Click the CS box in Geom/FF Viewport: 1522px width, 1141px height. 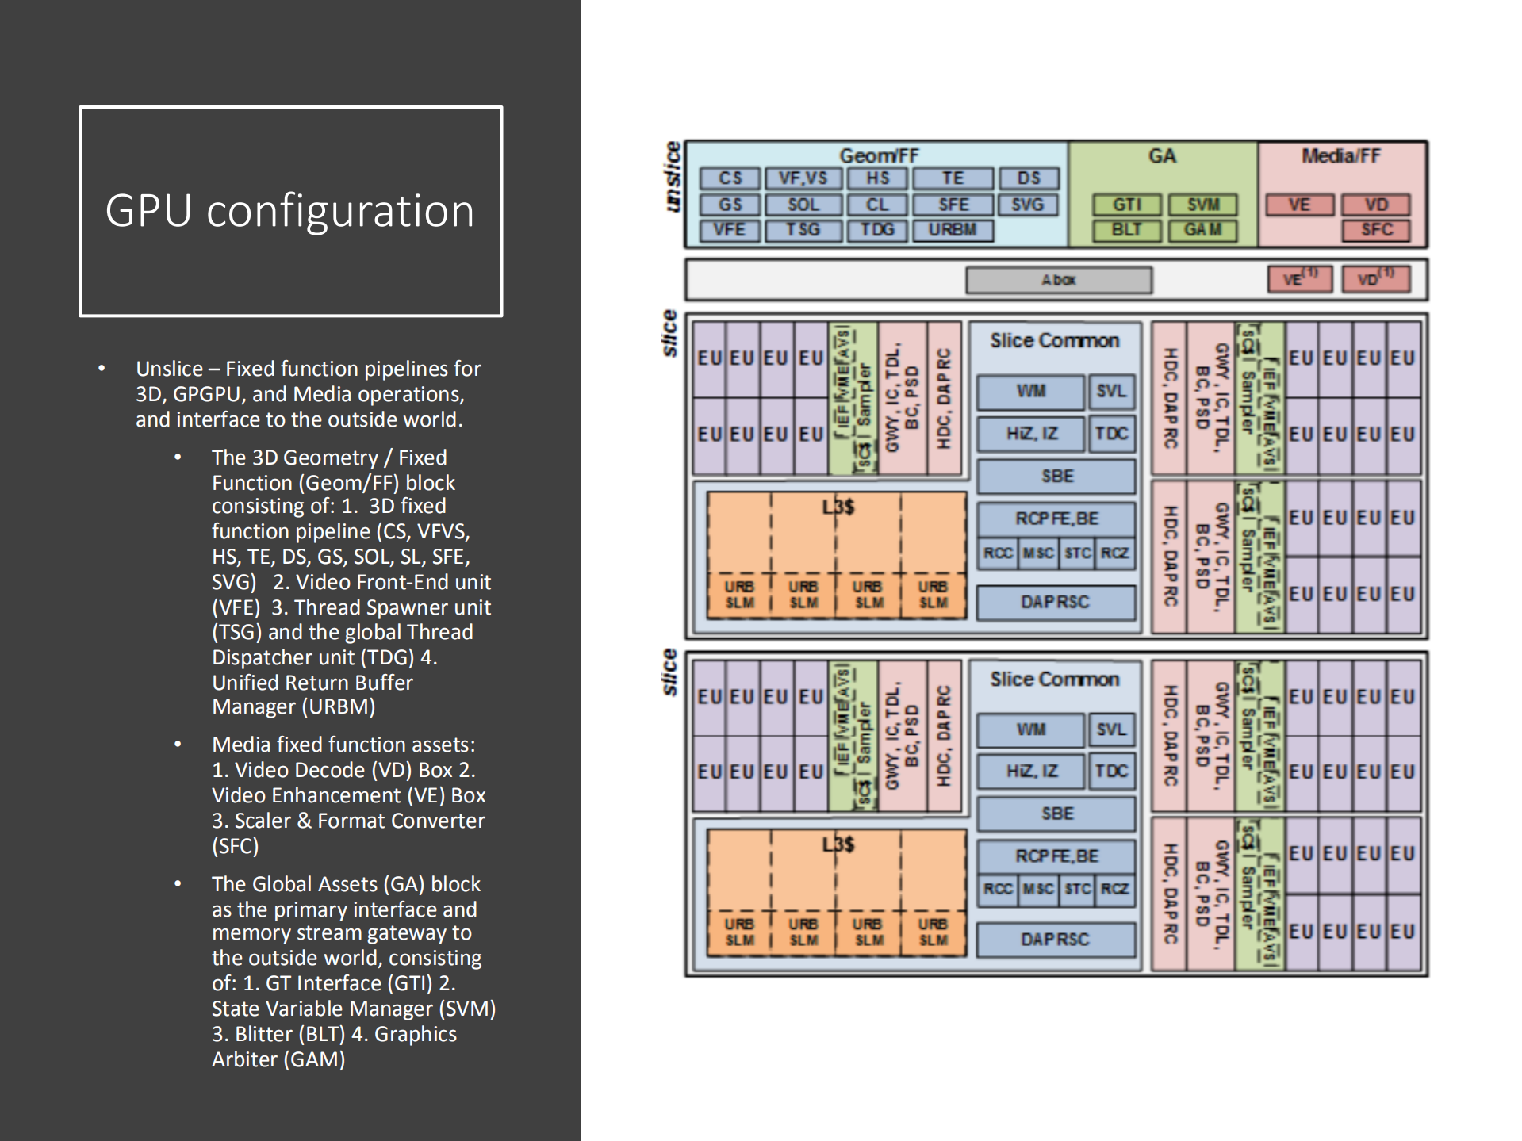coord(730,178)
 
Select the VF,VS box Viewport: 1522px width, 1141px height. coord(803,178)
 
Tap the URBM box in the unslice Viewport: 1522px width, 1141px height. coord(953,230)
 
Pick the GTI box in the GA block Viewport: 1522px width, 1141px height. coord(1126,205)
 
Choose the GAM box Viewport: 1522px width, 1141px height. coord(1202,230)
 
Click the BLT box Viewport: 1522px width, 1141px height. coord(1126,230)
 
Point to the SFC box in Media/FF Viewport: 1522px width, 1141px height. coord(1376,230)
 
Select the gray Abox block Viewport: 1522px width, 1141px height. coord(1058,280)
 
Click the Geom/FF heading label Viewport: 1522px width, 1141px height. coord(878,155)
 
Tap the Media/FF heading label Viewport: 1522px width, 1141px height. coord(1340,155)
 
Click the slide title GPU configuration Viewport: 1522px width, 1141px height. coord(289,211)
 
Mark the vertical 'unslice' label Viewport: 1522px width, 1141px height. coord(673,177)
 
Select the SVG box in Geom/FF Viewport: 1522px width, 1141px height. coord(1027,205)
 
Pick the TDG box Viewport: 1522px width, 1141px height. coord(877,230)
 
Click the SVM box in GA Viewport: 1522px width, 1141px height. coord(1202,205)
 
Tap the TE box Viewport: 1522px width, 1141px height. coord(953,178)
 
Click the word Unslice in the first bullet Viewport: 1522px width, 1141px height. coord(169,369)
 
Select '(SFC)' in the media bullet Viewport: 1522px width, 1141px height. coord(236,846)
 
